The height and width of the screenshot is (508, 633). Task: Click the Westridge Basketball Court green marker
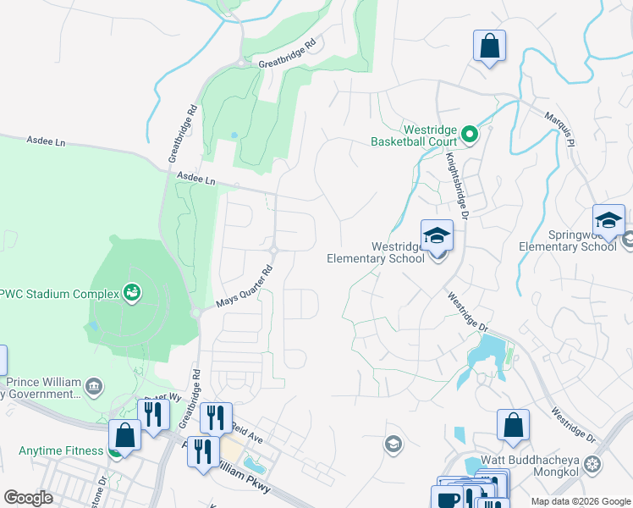click(x=471, y=134)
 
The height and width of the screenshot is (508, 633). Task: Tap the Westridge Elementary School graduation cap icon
click(x=438, y=235)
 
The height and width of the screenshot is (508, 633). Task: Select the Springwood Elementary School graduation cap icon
click(x=608, y=220)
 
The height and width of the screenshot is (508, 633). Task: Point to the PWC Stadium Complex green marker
click(x=132, y=293)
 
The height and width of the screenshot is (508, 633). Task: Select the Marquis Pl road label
click(x=559, y=130)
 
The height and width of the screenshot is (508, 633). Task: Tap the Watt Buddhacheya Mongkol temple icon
click(x=593, y=465)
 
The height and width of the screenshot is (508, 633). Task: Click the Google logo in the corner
click(x=28, y=497)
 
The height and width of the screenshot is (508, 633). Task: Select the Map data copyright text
click(x=580, y=501)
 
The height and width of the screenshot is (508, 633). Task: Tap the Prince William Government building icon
click(x=93, y=388)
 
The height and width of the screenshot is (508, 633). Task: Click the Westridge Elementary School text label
click(x=376, y=253)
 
